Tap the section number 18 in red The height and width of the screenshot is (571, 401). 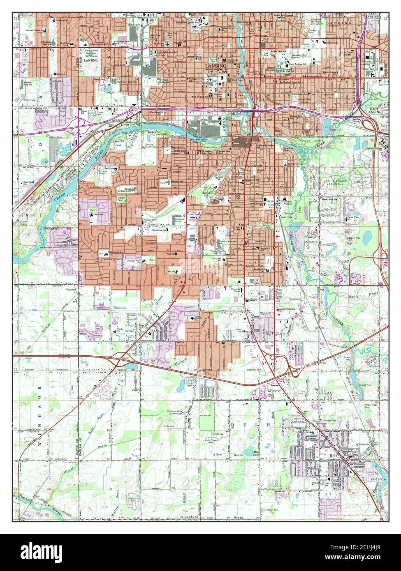point(109,431)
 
